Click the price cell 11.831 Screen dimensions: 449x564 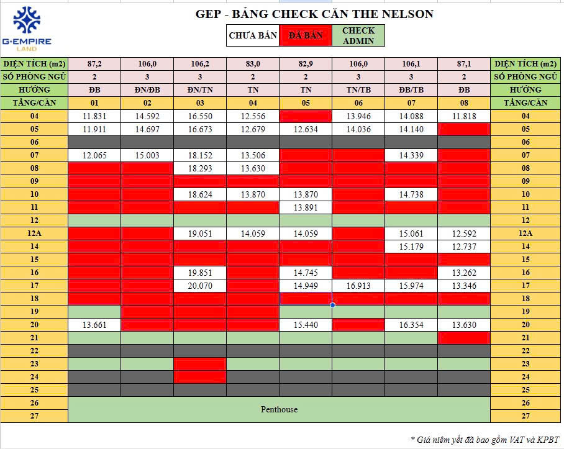(94, 116)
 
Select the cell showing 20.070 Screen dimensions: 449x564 (200, 285)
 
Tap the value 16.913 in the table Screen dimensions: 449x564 (358, 285)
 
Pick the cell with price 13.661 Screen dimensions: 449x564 (94, 324)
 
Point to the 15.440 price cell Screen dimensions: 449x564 (306, 324)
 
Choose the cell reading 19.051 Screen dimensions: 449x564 (200, 234)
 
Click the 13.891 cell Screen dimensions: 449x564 (306, 207)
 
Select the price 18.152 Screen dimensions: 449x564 (200, 155)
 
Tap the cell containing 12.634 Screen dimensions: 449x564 (306, 129)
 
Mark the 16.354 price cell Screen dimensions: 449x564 (411, 324)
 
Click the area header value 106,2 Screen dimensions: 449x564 (200, 63)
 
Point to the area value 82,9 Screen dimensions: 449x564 (306, 63)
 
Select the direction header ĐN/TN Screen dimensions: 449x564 (200, 90)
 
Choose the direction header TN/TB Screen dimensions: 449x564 (358, 90)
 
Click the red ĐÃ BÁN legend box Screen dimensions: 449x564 (306, 35)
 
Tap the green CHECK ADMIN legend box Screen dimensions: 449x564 (358, 35)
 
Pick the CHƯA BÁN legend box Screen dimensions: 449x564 (253, 35)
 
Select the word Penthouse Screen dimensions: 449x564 (279, 409)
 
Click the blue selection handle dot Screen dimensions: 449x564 (333, 305)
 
